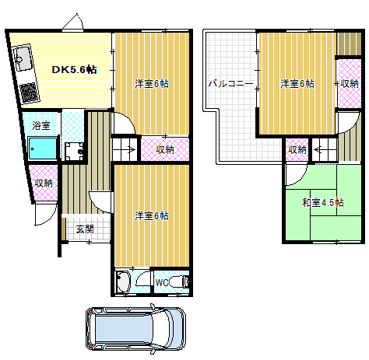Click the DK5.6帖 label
pos(74,70)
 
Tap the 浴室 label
pos(41,124)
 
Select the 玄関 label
pos(85,229)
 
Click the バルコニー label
pos(229,83)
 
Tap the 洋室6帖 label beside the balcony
pos(297,84)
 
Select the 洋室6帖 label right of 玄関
pos(151,215)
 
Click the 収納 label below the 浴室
pos(44,183)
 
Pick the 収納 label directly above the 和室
pos(298,149)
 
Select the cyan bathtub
pos(43,146)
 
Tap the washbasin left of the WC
pos(124,283)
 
